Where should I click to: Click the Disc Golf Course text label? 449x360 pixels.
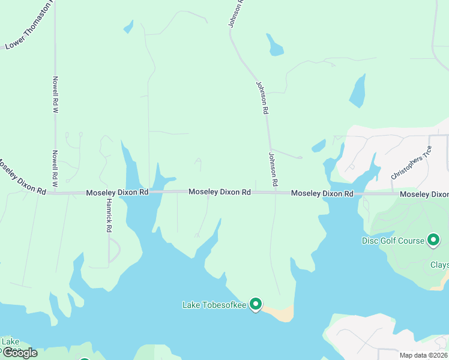point(393,241)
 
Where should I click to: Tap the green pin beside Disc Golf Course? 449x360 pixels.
point(433,240)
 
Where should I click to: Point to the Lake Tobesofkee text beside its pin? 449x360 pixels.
point(214,305)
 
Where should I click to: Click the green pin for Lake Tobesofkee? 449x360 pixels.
point(256,304)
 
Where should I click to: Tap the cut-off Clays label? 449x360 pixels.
point(439,265)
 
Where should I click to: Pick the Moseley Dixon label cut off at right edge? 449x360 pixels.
point(424,194)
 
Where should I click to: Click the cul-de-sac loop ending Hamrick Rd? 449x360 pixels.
point(113,250)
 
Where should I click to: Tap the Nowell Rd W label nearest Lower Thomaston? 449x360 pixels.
point(55,95)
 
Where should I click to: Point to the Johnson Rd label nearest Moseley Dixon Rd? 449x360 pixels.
point(273,169)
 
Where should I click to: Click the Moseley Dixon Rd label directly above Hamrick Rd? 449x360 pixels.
point(117,193)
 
